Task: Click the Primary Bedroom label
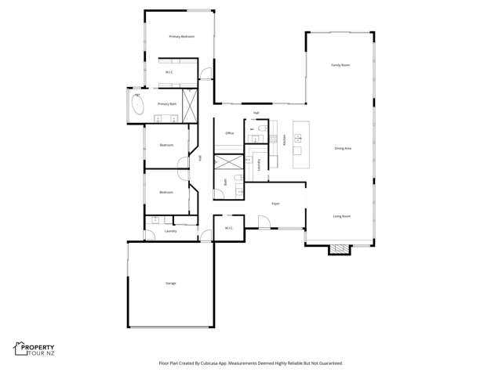pyautogui.click(x=182, y=37)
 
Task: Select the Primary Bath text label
pyautogui.click(x=166, y=103)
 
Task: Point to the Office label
pyautogui.click(x=230, y=133)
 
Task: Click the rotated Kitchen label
pyautogui.click(x=283, y=139)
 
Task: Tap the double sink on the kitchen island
pyautogui.click(x=298, y=138)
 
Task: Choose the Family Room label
pyautogui.click(x=340, y=65)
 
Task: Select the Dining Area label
pyautogui.click(x=343, y=148)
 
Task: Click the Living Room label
pyautogui.click(x=341, y=216)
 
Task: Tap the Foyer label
pyautogui.click(x=276, y=204)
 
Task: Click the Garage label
pyautogui.click(x=170, y=282)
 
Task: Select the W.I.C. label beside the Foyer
pyautogui.click(x=228, y=228)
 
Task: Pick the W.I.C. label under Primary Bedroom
pyautogui.click(x=168, y=73)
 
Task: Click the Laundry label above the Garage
pyautogui.click(x=170, y=231)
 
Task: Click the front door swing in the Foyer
pyautogui.click(x=265, y=222)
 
